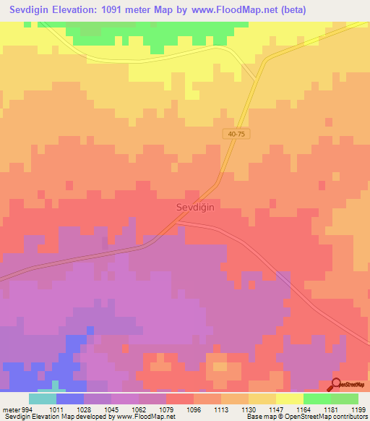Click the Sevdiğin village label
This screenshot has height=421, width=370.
click(x=196, y=206)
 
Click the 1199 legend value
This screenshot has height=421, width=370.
click(x=358, y=409)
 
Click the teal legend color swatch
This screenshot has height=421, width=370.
click(x=42, y=399)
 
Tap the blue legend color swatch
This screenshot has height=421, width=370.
click(x=69, y=399)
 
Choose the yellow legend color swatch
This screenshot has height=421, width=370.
click(x=289, y=399)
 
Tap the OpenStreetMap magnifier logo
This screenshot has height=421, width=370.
click(x=337, y=385)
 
